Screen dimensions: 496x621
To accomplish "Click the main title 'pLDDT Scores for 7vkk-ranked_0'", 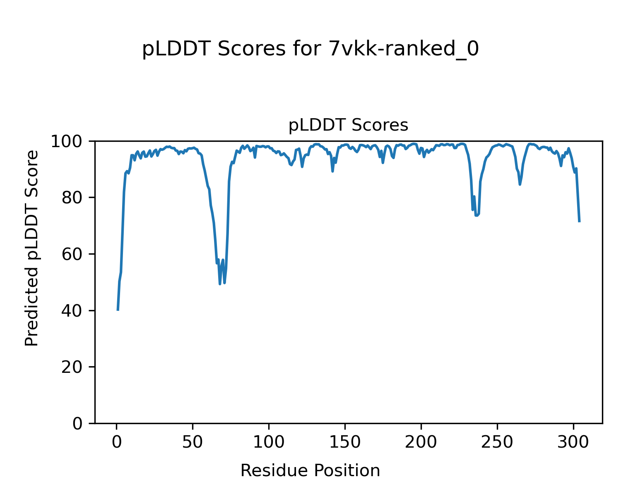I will (310, 50).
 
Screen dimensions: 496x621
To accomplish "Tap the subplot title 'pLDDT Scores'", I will (348, 125).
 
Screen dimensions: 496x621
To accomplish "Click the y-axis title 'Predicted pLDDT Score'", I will (32, 248).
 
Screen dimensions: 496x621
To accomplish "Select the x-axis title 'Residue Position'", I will (310, 471).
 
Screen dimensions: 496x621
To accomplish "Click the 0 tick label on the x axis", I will (117, 442).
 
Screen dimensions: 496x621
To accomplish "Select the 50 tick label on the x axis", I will (193, 442).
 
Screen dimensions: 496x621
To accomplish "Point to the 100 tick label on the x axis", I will (269, 442).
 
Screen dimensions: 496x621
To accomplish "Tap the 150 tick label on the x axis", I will (345, 442).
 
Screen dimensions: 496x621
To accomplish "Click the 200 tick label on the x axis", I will (421, 442).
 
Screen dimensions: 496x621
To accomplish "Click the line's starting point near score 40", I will (118, 310).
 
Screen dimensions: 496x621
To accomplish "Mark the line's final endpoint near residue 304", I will (579, 222).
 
